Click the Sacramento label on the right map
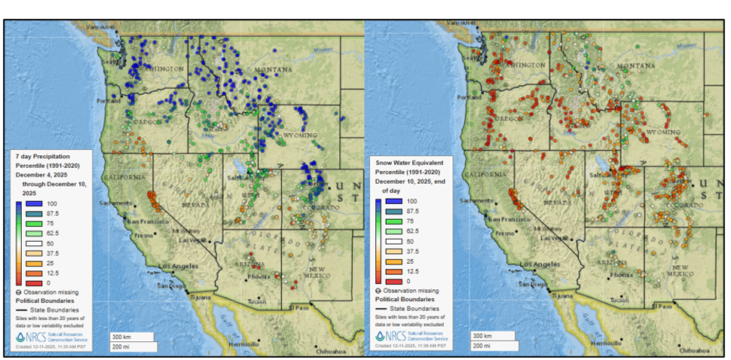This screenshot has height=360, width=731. (475, 201)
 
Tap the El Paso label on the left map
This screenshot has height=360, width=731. (301, 307)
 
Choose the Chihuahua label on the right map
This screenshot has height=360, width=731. (693, 351)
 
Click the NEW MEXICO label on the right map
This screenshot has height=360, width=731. (682, 271)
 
